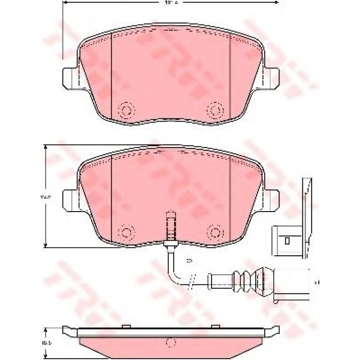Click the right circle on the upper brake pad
pos(216,110)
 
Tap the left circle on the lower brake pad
pos(127,232)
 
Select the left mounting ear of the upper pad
pos(68,76)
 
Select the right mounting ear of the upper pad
pos(273,76)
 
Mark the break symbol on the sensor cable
pos(192,281)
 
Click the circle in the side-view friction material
pos(169,343)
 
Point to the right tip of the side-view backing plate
pos(274,331)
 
